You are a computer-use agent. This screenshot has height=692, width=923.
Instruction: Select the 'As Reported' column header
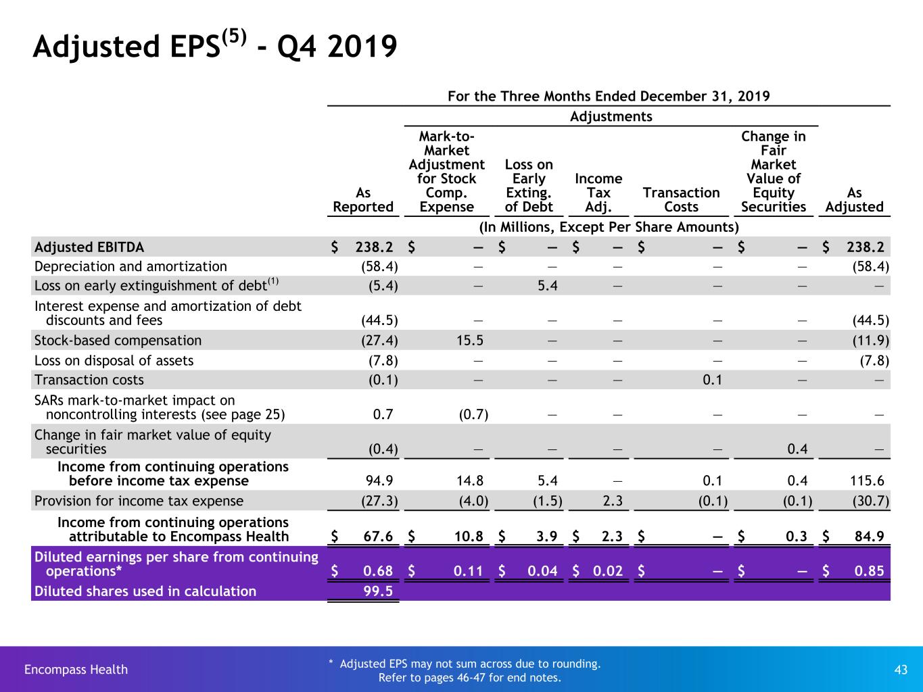click(x=363, y=199)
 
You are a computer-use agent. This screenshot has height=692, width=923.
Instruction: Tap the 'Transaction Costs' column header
click(x=681, y=199)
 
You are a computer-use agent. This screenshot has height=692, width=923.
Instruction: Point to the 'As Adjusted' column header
click(x=854, y=199)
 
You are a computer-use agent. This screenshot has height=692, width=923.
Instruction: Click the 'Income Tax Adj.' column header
click(x=598, y=193)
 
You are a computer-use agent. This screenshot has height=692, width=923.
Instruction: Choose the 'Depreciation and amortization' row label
click(x=131, y=266)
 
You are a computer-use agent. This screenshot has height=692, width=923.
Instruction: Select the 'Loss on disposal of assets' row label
click(x=114, y=360)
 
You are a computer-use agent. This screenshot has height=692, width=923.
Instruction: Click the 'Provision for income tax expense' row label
click(x=139, y=501)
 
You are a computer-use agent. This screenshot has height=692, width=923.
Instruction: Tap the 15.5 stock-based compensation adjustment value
click(x=470, y=341)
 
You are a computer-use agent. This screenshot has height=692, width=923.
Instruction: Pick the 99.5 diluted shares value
click(x=378, y=591)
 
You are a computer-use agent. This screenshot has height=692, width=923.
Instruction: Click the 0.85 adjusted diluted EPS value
click(x=869, y=571)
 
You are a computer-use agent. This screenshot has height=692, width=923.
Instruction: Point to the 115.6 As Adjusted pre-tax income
click(x=867, y=480)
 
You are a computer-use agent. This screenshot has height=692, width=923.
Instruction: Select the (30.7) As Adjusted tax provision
click(x=870, y=501)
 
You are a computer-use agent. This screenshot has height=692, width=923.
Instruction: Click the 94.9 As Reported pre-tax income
click(x=379, y=480)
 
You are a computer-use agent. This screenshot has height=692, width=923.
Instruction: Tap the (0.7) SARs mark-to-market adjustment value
click(x=473, y=415)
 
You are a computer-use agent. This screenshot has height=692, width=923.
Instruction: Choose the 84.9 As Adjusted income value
click(x=869, y=536)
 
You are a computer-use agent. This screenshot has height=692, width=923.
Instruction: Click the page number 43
click(x=900, y=670)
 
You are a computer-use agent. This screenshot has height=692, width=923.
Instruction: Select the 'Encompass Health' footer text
click(x=76, y=669)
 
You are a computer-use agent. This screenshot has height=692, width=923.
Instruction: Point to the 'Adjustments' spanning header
click(x=611, y=116)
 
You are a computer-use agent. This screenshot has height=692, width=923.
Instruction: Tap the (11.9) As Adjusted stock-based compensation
click(x=870, y=341)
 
